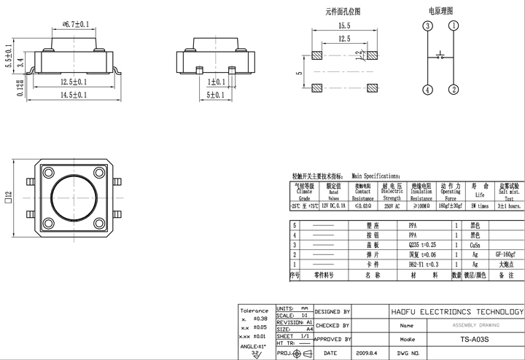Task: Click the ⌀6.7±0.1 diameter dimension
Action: pyautogui.click(x=75, y=25)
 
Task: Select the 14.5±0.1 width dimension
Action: pyautogui.click(x=73, y=95)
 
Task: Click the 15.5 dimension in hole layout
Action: pyautogui.click(x=343, y=26)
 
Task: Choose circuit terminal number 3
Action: pyautogui.click(x=427, y=26)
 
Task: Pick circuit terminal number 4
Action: pyautogui.click(x=427, y=90)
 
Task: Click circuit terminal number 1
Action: pyautogui.click(x=454, y=26)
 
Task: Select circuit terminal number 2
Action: pyautogui.click(x=454, y=90)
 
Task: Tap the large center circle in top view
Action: pyautogui.click(x=75, y=197)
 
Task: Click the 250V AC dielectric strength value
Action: pyautogui.click(x=392, y=207)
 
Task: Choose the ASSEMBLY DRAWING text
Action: pyautogui.click(x=471, y=326)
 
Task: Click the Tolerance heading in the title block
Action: pyautogui.click(x=254, y=310)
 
